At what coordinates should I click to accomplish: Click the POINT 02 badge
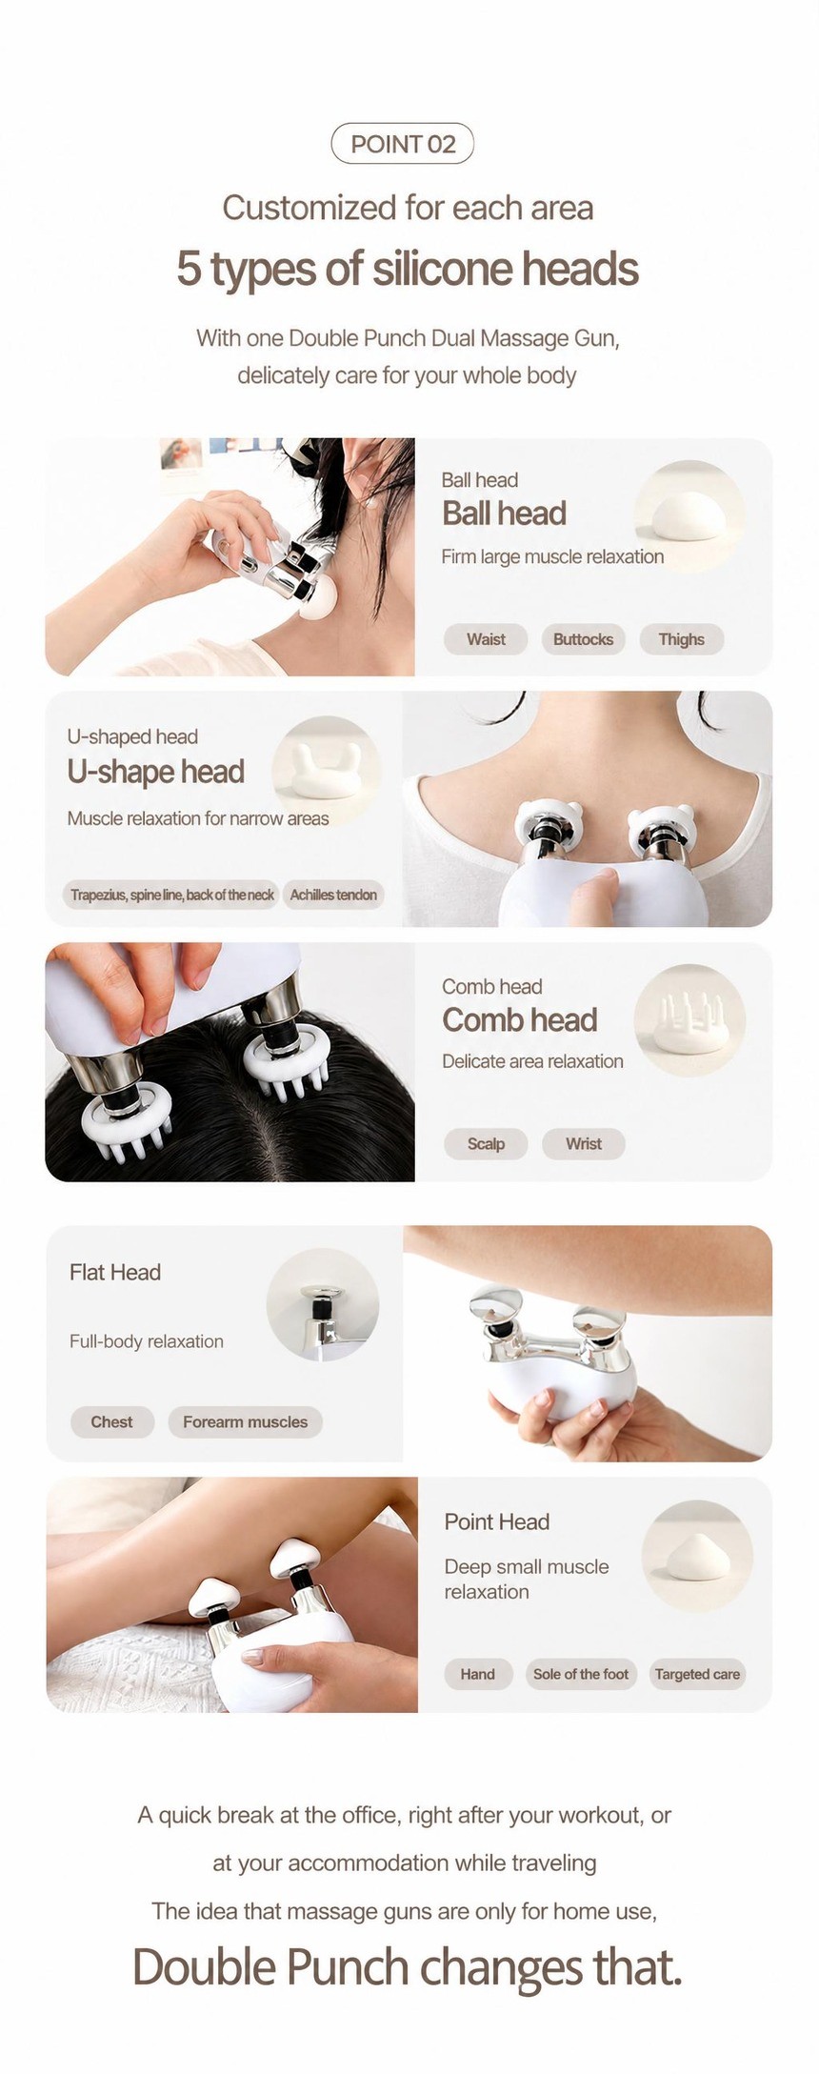[x=402, y=144]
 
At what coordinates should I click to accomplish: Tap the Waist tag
[x=486, y=639]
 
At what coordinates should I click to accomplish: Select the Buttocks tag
[x=583, y=639]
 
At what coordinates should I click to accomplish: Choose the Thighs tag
[x=681, y=639]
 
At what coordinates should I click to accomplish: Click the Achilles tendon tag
[x=333, y=895]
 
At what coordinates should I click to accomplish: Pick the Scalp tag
[x=486, y=1144]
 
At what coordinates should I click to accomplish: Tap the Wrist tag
[x=583, y=1144]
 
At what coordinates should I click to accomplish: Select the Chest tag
[x=111, y=1422]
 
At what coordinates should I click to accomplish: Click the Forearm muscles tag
[x=245, y=1422]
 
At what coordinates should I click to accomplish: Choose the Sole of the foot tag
[x=581, y=1674]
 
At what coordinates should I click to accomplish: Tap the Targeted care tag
[x=697, y=1674]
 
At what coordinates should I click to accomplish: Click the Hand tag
[x=477, y=1674]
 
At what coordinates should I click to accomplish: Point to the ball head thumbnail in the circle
[x=689, y=516]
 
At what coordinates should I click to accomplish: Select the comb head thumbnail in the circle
[x=689, y=1021]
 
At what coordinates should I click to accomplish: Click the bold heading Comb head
[x=520, y=1020]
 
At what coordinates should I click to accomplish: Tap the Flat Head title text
[x=115, y=1273]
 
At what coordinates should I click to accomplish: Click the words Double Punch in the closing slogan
[x=270, y=1967]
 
